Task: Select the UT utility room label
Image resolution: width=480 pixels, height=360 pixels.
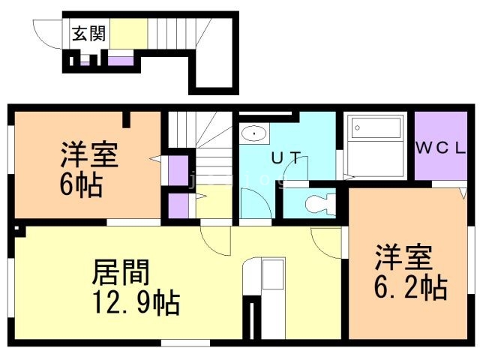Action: [286, 157]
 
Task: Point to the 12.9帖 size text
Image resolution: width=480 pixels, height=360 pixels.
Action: [136, 302]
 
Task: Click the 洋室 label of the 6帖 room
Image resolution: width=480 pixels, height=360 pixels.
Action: [88, 157]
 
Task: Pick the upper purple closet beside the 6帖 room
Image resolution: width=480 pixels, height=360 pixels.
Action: [178, 169]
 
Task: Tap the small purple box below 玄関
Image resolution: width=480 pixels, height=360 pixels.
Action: [119, 60]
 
